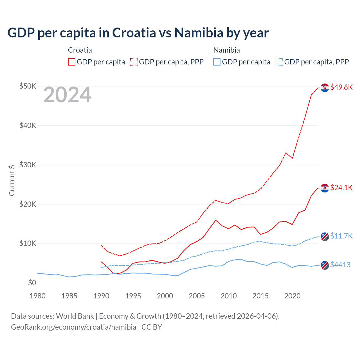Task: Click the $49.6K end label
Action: point(341,87)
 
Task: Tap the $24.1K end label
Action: point(341,188)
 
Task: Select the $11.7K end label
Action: point(341,236)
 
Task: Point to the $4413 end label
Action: point(340,265)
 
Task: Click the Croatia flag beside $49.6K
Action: point(325,88)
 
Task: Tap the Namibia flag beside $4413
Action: point(325,265)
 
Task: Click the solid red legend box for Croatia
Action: point(72,62)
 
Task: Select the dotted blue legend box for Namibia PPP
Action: point(279,62)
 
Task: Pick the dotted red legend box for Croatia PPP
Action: point(134,62)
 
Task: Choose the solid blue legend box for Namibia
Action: point(217,62)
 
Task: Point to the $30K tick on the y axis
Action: point(28,165)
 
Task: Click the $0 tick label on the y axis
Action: point(32,283)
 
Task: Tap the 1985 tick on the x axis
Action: point(69,296)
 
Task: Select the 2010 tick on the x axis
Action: point(229,296)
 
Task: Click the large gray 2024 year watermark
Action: point(67,95)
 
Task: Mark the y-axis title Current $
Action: point(12,180)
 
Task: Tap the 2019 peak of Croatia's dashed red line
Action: point(286,153)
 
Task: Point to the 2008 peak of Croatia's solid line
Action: point(216,220)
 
